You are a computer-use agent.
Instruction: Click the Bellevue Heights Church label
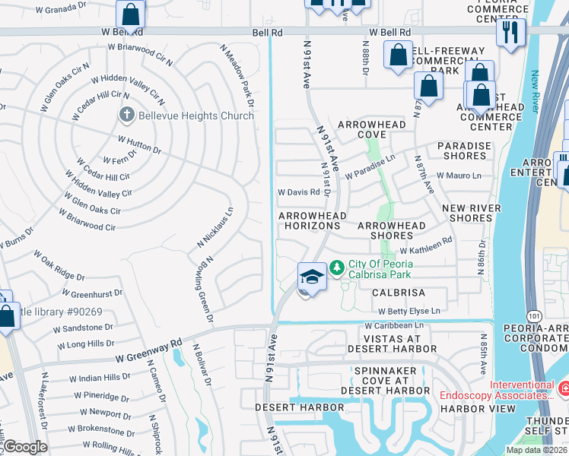pyautogui.click(x=195, y=116)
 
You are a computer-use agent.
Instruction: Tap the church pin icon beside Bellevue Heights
pyautogui.click(x=126, y=116)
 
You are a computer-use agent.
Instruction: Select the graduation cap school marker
pyautogui.click(x=312, y=276)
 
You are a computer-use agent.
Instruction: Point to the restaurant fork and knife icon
pyautogui.click(x=510, y=32)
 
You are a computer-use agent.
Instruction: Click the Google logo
pyautogui.click(x=26, y=447)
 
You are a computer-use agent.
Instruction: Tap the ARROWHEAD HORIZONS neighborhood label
pyautogui.click(x=313, y=221)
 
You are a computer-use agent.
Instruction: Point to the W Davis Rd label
pyautogui.click(x=298, y=193)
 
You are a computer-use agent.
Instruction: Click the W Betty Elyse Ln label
pyautogui.click(x=409, y=312)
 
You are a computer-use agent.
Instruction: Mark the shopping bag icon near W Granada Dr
pyautogui.click(x=130, y=14)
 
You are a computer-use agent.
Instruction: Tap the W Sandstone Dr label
pyautogui.click(x=83, y=328)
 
